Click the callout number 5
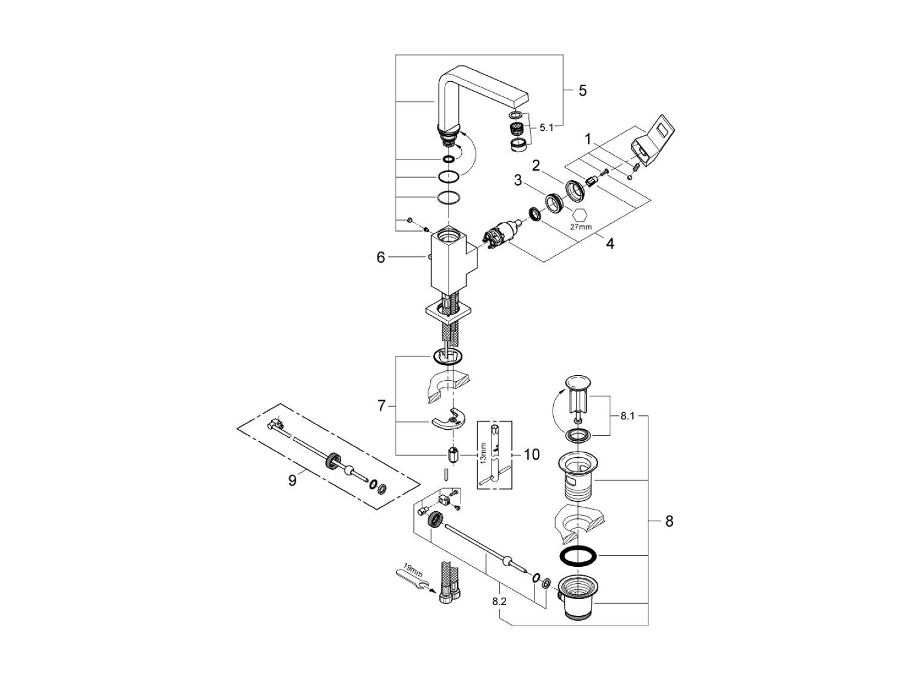[582, 91]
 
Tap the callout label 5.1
[546, 127]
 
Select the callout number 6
[381, 258]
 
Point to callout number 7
[381, 406]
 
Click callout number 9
[292, 480]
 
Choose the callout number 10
[531, 454]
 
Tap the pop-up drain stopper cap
[577, 383]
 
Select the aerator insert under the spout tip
[517, 129]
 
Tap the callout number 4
[610, 244]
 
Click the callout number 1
[587, 139]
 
